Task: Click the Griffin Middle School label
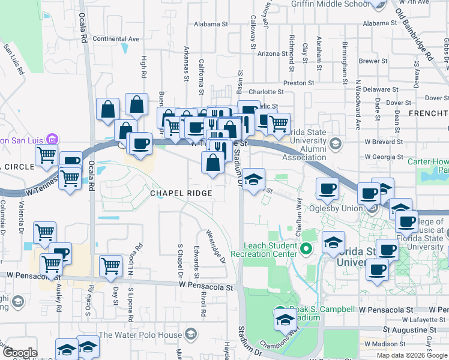point(330,4)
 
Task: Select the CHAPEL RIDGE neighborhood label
point(181,193)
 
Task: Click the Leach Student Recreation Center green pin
point(306,248)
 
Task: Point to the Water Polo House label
point(140,334)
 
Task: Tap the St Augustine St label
point(405,331)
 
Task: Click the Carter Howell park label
point(427,162)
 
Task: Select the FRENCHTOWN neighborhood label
point(428,113)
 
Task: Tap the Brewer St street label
point(373,61)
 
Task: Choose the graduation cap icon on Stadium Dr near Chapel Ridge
point(253,179)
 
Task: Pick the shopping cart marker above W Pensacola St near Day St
point(110,265)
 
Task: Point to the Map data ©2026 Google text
point(411,355)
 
